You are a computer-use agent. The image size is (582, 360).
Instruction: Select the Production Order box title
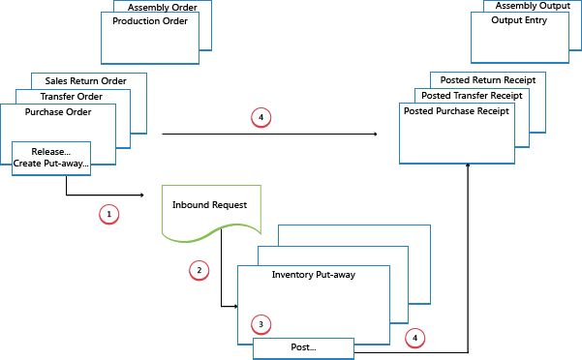pyautogui.click(x=150, y=20)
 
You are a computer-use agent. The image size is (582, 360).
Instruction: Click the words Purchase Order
pyautogui.click(x=58, y=111)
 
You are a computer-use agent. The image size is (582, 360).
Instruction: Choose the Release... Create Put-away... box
pyautogui.click(x=51, y=157)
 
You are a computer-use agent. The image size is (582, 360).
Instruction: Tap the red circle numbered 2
pyautogui.click(x=198, y=270)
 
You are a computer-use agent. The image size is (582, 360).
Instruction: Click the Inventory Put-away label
pyautogui.click(x=313, y=275)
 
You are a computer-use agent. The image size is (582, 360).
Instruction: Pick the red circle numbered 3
pyautogui.click(x=259, y=323)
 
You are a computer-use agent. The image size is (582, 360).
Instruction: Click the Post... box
pyautogui.click(x=303, y=346)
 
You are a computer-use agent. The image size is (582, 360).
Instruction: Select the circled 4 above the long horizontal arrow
pyautogui.click(x=259, y=117)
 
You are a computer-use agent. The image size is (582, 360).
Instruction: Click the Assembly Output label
pyautogui.click(x=534, y=6)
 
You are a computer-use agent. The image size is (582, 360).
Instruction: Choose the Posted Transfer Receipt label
pyautogui.click(x=473, y=96)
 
